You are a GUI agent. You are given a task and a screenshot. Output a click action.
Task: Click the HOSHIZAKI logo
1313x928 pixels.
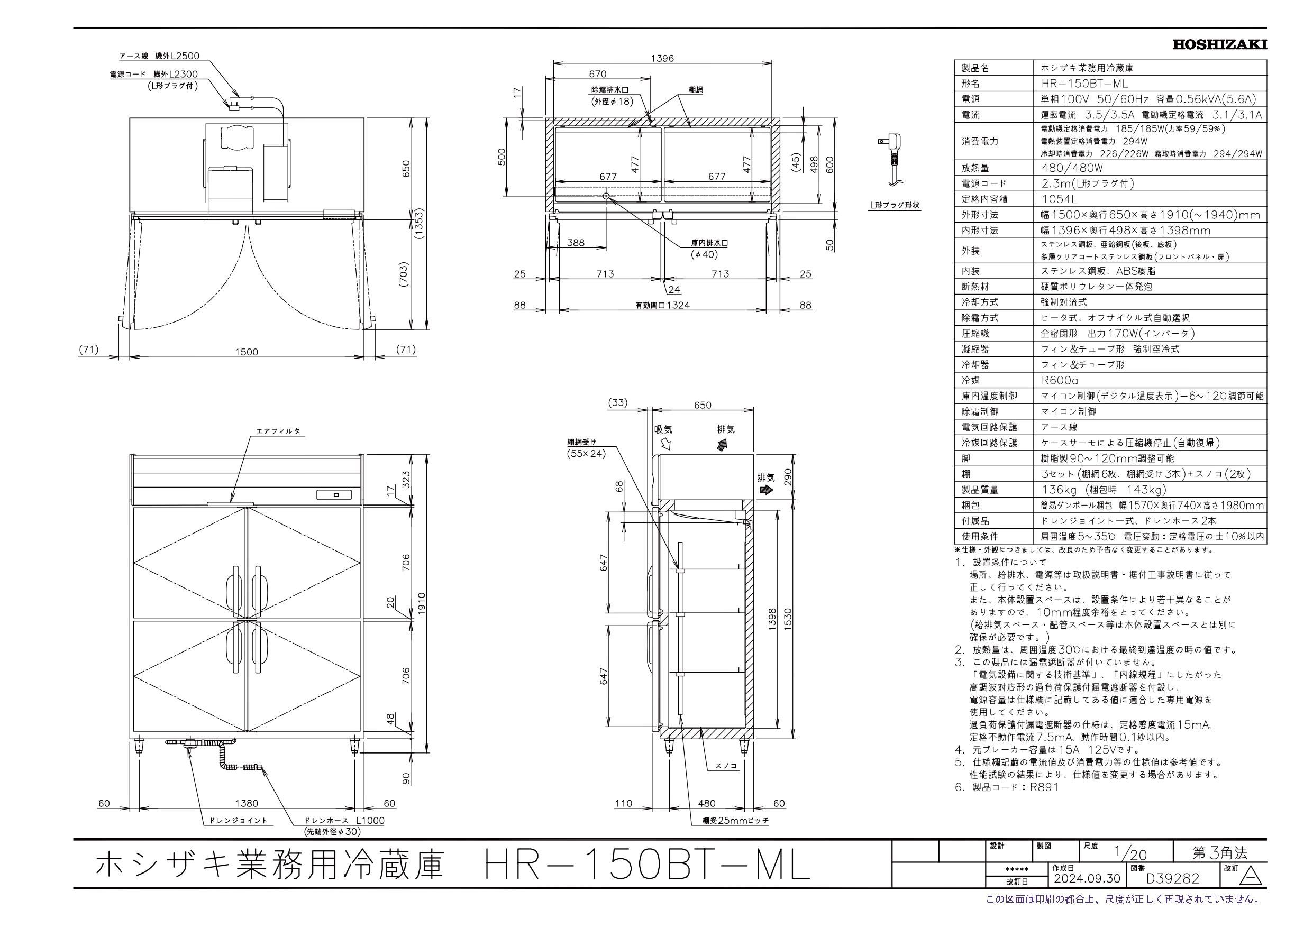pyautogui.click(x=1219, y=44)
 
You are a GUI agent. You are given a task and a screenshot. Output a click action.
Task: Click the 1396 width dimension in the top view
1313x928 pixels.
pyautogui.click(x=662, y=58)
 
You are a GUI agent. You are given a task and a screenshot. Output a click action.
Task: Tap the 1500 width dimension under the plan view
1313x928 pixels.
pyautogui.click(x=247, y=352)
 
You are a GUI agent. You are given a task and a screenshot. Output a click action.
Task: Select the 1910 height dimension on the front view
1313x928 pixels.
pyautogui.click(x=423, y=604)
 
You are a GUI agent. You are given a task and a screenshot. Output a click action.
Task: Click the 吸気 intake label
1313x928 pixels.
pyautogui.click(x=663, y=429)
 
